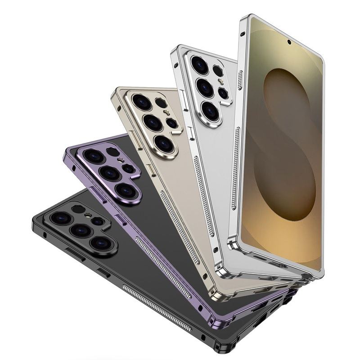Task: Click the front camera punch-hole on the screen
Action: pos(288,43)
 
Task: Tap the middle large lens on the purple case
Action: pos(109,173)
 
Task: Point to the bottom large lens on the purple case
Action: pos(125,190)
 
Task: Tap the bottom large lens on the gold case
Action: pos(164,143)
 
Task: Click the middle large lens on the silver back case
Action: pos(205,87)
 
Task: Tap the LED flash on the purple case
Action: pos(121,160)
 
